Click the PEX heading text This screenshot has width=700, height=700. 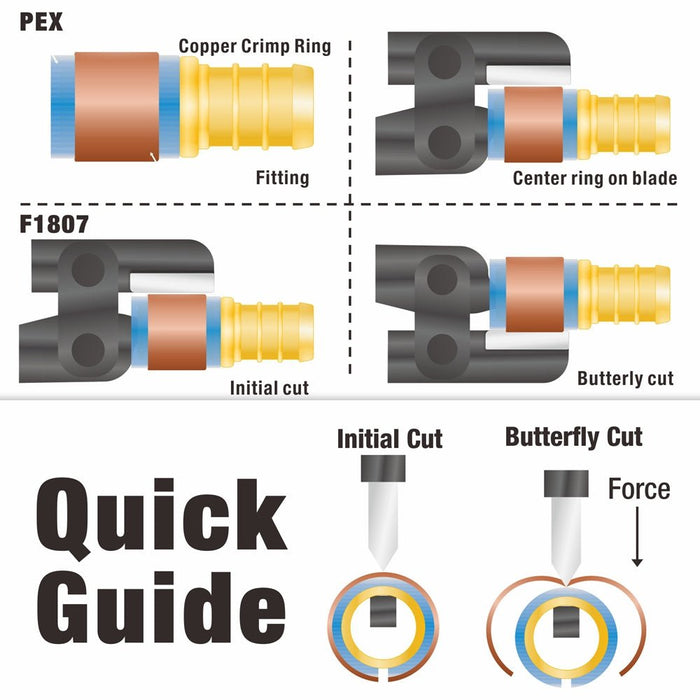coord(41,22)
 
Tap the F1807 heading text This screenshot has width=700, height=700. coord(54,224)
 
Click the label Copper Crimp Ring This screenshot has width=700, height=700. coord(255,46)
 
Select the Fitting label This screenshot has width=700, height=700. coord(282,178)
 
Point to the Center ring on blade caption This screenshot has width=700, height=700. coord(595,178)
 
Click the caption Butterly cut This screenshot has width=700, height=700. coord(625,379)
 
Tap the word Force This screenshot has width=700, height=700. coord(639,489)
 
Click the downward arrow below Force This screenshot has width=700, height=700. coord(638,537)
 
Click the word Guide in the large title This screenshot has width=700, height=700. coord(161,608)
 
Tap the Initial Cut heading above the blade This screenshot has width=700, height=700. coord(390,438)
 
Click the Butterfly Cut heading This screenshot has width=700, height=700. coord(574,437)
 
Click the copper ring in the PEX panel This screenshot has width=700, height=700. coord(117,107)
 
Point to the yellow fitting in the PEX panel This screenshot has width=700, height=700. coord(246,106)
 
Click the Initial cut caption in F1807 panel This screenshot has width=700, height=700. coord(269,388)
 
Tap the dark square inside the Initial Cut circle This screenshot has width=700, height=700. coord(383,612)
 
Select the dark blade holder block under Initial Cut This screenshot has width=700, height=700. coord(383,468)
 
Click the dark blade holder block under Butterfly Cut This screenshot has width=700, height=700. coord(566,483)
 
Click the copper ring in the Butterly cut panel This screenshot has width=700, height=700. coord(534,295)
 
